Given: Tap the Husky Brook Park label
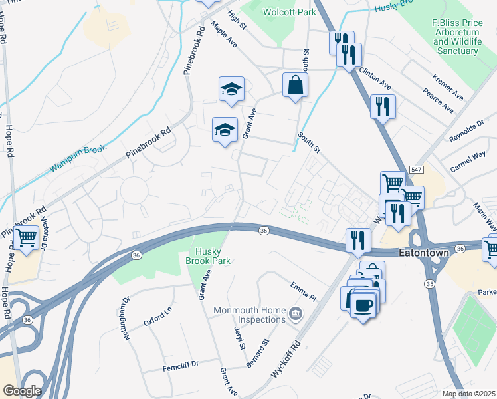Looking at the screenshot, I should point(213,256).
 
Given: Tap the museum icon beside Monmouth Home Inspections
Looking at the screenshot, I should point(296,312).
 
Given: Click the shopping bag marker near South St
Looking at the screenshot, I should point(295,86).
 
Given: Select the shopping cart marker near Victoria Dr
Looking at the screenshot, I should point(27,237).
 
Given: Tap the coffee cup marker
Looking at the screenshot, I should point(362,305).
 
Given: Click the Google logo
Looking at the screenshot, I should point(22,391).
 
